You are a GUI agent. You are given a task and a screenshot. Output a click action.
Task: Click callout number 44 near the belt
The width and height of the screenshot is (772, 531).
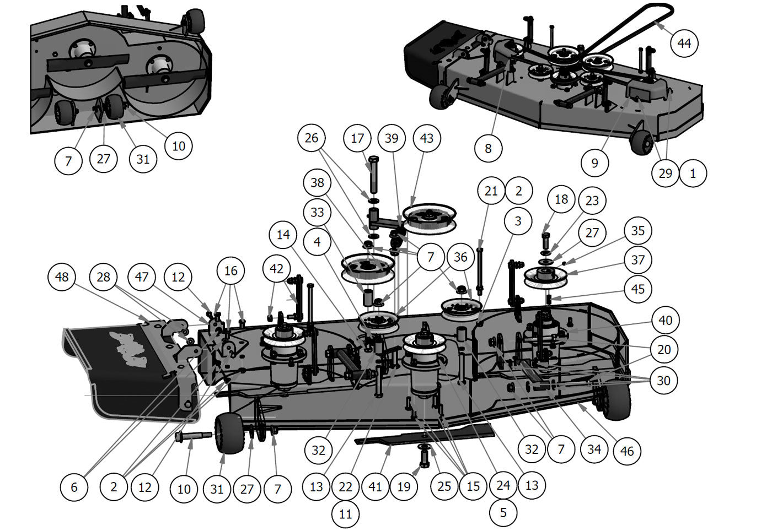[684, 43]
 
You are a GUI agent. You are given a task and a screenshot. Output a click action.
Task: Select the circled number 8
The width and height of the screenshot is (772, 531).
[488, 148]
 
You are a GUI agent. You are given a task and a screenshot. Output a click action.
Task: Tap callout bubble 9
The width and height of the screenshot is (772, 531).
[594, 162]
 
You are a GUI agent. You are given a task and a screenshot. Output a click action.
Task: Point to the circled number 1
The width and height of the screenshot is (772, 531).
[693, 173]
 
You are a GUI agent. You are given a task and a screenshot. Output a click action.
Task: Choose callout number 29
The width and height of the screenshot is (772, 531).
[665, 173]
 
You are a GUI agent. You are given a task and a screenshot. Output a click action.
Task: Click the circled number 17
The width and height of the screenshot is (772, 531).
[357, 138]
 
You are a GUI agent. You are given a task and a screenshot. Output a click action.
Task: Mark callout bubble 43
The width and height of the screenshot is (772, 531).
[426, 138]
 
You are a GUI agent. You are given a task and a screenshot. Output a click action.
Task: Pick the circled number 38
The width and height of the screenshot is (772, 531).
[317, 182]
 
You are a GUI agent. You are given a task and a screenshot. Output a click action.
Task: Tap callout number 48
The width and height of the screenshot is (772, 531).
[62, 277]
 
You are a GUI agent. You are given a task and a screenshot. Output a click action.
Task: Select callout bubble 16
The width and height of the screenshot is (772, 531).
[230, 270]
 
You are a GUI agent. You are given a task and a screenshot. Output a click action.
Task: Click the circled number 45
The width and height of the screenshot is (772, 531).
[637, 289]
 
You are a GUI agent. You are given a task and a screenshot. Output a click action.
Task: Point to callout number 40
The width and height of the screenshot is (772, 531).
[665, 320]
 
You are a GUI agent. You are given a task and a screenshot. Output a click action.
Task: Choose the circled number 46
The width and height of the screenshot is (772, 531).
[626, 451]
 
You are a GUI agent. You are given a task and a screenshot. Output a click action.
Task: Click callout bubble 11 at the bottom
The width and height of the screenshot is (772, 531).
[345, 514]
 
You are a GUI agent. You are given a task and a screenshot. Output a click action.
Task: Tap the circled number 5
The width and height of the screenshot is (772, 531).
[503, 512]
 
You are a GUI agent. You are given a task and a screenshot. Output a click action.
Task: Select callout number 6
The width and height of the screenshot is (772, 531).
[74, 487]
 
